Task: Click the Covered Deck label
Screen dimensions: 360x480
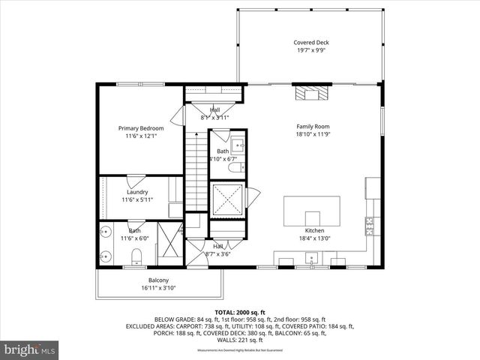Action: pyautogui.click(x=310, y=43)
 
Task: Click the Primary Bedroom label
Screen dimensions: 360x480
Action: pyautogui.click(x=140, y=128)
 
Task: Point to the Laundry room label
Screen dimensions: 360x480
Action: pyautogui.click(x=137, y=192)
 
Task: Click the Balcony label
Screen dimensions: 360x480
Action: pyautogui.click(x=158, y=280)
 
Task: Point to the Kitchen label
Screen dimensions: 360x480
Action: pyautogui.click(x=314, y=230)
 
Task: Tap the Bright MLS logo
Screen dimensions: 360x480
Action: pyautogui.click(x=30, y=349)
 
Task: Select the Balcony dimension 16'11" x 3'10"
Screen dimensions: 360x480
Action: pyautogui.click(x=158, y=288)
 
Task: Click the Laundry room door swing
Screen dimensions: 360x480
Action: pyautogui.click(x=136, y=181)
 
